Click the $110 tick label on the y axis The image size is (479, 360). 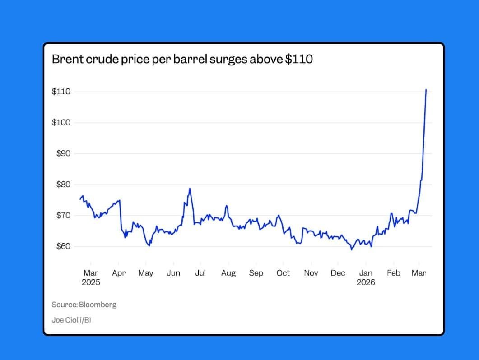click(x=61, y=92)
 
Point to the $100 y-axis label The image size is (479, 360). click(x=61, y=122)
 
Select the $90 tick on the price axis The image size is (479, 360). click(x=63, y=153)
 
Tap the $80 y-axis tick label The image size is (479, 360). click(x=63, y=185)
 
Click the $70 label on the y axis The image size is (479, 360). click(x=63, y=215)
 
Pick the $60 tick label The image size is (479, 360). click(x=63, y=246)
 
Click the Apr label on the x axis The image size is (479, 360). click(x=119, y=273)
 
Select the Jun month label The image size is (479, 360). click(x=173, y=273)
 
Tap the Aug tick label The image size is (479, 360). click(x=228, y=273)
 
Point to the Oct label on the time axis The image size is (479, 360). click(x=283, y=273)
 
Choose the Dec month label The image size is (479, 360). click(x=338, y=273)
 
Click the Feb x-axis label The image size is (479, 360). click(x=394, y=273)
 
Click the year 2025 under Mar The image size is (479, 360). click(x=91, y=282)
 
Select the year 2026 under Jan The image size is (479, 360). click(x=366, y=282)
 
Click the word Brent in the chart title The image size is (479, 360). click(x=67, y=59)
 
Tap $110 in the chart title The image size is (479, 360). click(x=299, y=59)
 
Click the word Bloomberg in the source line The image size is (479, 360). click(x=98, y=305)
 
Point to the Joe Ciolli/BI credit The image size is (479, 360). click(x=71, y=320)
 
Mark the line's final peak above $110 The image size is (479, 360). click(x=426, y=89)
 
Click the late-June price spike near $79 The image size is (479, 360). click(x=190, y=189)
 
